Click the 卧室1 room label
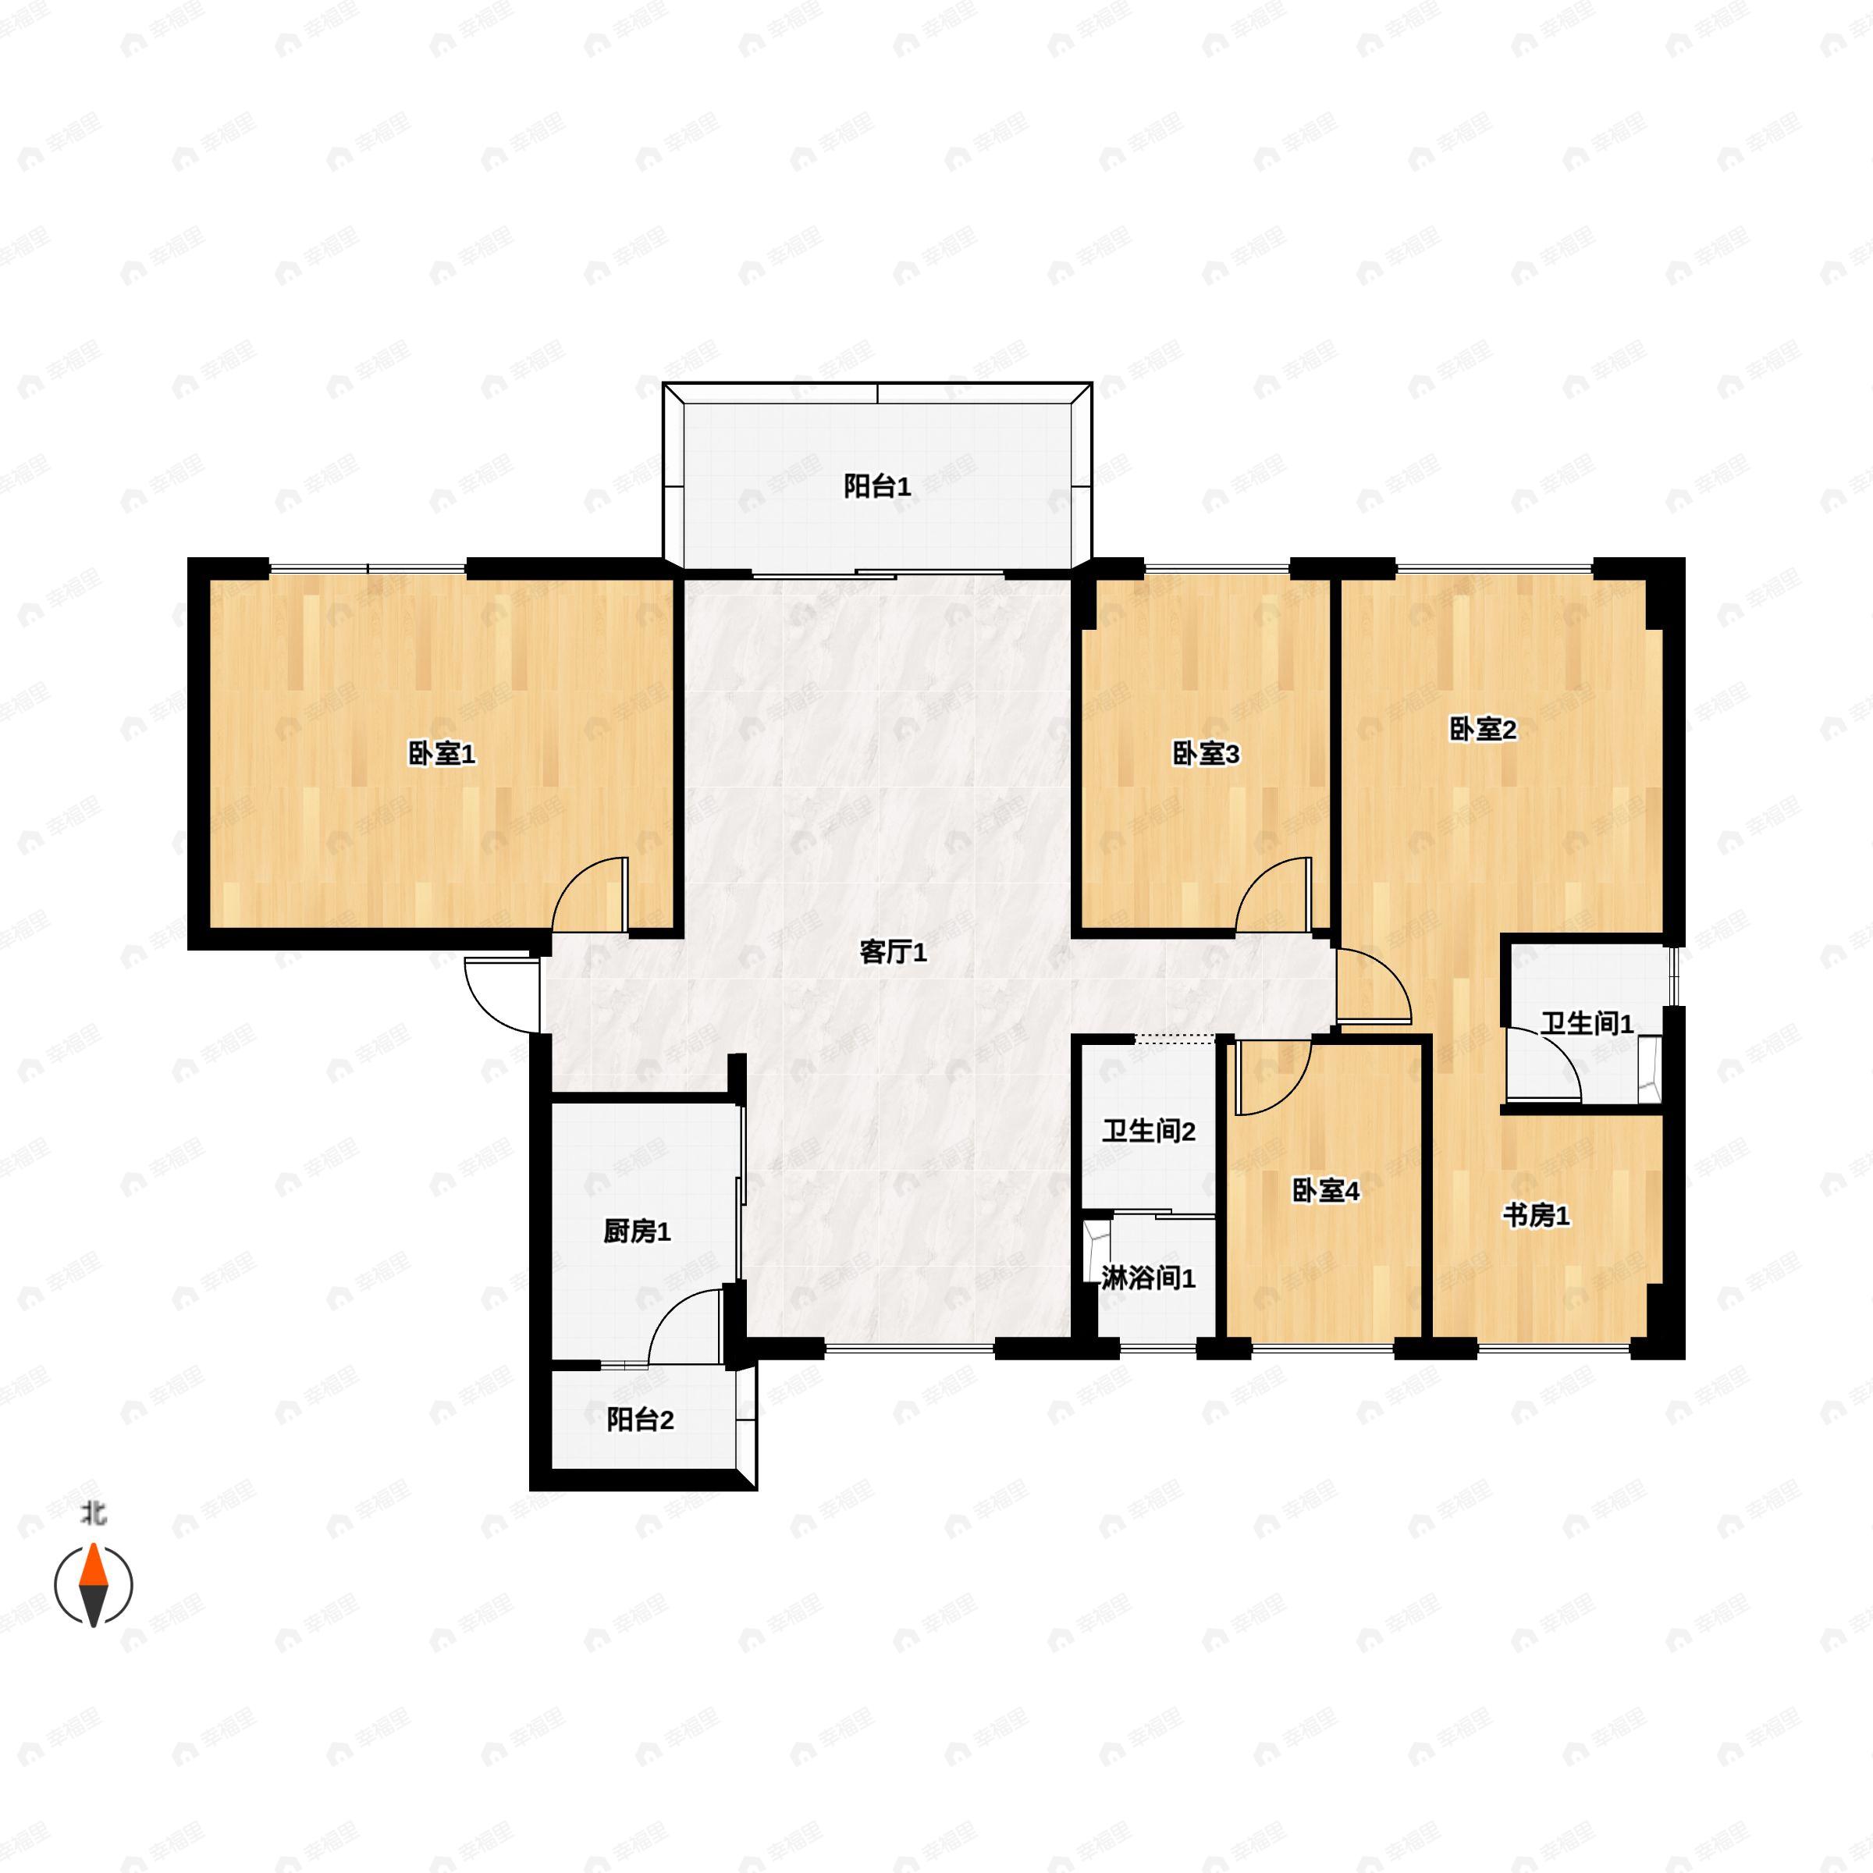(441, 754)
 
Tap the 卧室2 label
(1482, 730)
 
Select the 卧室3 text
(1206, 754)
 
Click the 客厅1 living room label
(893, 953)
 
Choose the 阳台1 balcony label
(876, 487)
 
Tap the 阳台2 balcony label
(640, 1420)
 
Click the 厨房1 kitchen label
(637, 1232)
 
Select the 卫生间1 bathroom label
(1588, 1024)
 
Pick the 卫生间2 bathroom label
(1149, 1132)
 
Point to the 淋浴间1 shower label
(1149, 1279)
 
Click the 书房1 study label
(1537, 1216)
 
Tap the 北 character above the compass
(93, 1513)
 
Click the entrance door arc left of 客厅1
(485, 1009)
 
